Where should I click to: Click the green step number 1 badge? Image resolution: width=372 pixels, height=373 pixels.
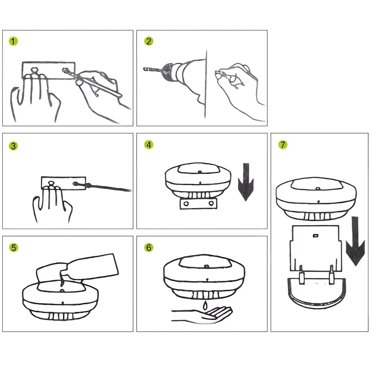click(13, 41)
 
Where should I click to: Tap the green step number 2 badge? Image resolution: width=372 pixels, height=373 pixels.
click(149, 41)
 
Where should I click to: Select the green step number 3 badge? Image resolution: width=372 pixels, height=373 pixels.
click(13, 146)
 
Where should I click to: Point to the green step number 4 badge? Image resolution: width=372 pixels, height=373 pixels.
click(149, 145)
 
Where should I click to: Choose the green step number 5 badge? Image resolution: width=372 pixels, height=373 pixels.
click(13, 248)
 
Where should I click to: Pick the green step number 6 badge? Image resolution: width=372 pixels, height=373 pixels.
click(149, 248)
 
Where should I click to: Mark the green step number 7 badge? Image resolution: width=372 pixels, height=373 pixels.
click(283, 145)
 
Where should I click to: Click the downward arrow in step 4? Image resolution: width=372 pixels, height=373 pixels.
click(246, 182)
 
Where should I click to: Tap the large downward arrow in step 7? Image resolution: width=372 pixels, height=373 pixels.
click(355, 241)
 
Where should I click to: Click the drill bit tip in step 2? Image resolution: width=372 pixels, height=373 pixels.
click(144, 69)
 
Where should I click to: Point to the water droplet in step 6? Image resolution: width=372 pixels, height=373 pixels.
click(205, 305)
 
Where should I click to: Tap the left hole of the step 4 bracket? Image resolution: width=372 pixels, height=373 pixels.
click(186, 204)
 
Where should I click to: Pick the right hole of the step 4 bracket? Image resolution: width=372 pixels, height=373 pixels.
click(211, 203)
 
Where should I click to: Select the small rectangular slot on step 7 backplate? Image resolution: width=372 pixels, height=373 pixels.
click(315, 235)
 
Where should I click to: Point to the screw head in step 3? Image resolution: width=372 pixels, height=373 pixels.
click(75, 184)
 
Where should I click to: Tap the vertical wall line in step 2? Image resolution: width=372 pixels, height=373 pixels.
click(206, 84)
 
